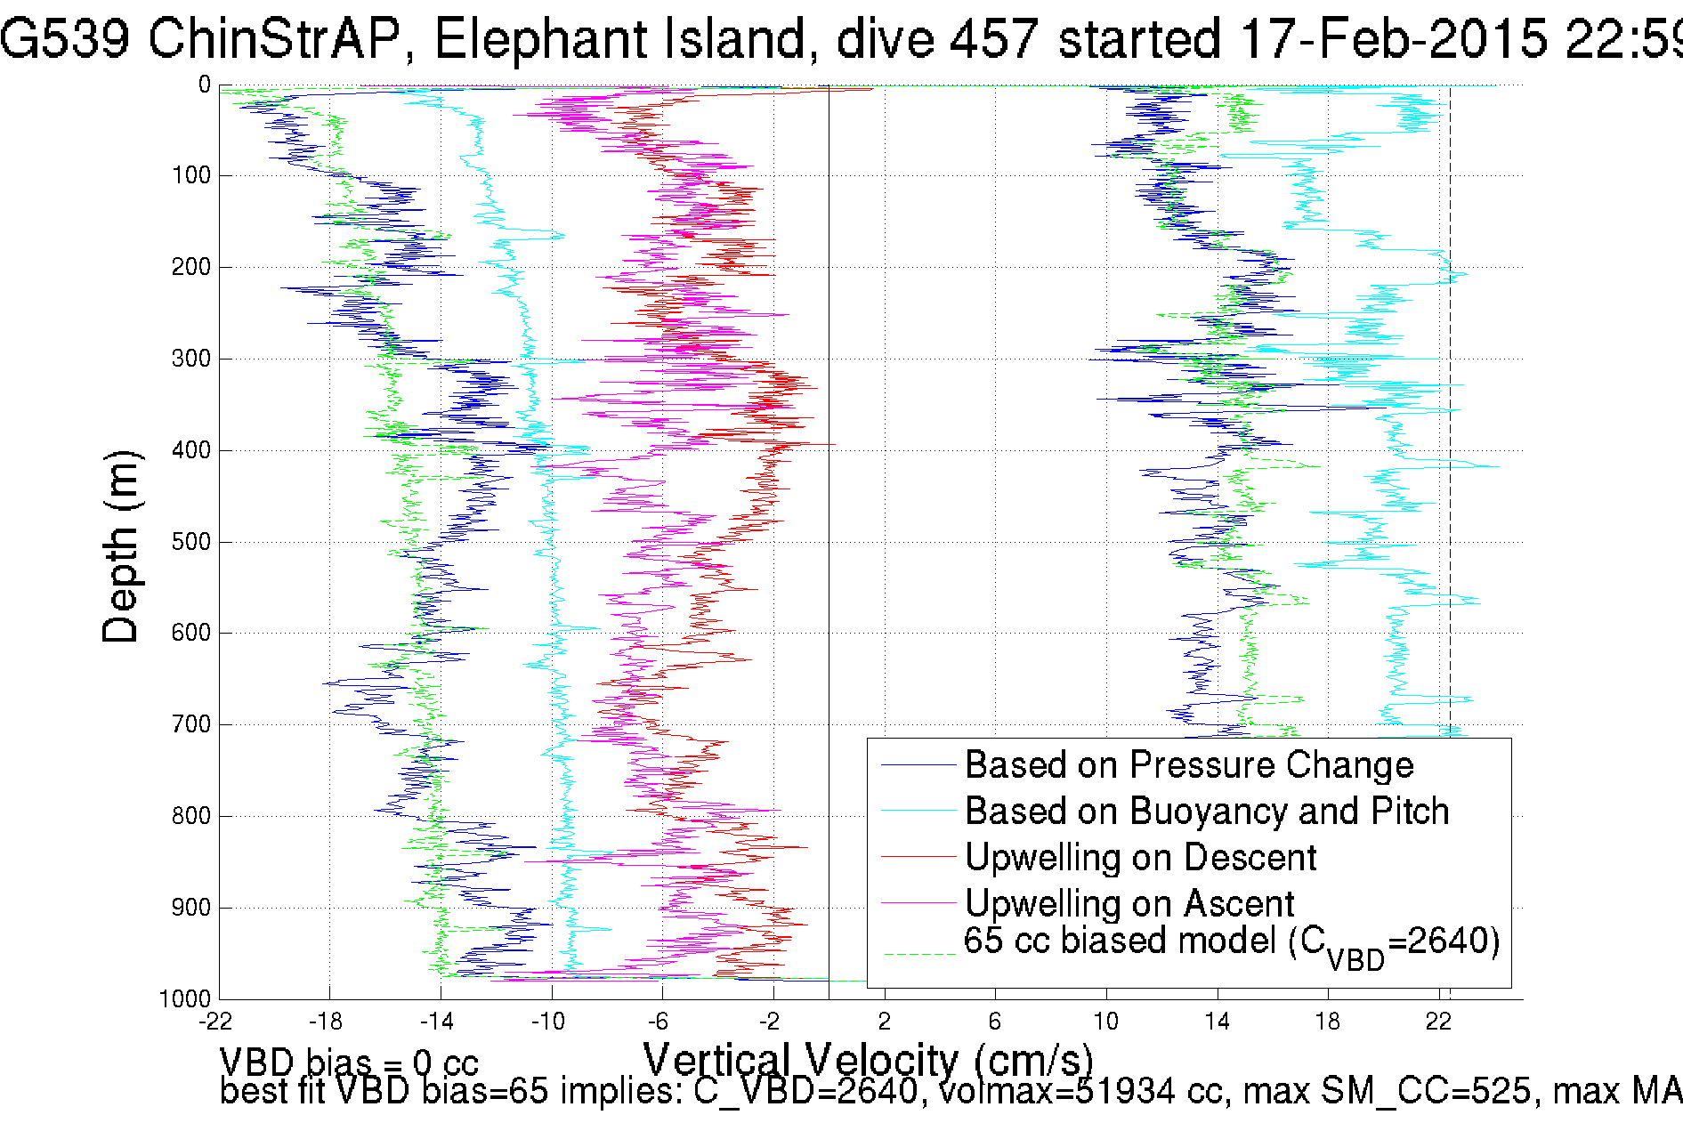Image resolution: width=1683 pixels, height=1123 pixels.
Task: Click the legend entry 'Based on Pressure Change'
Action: click(1189, 765)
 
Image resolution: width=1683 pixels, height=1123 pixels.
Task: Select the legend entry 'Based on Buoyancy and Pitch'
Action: click(1207, 812)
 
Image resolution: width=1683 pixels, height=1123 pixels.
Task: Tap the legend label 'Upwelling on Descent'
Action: click(1140, 858)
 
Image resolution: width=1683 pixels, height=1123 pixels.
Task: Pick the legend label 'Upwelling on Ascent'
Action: click(1129, 904)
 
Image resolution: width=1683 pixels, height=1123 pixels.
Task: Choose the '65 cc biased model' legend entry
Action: click(1232, 943)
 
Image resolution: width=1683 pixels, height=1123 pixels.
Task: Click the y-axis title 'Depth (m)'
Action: click(120, 546)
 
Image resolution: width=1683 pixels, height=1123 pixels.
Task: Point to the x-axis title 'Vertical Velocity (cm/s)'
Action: click(868, 1060)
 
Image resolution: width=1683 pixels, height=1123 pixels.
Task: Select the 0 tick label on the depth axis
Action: click(205, 85)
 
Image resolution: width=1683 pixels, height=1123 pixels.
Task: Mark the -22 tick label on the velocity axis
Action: click(214, 1022)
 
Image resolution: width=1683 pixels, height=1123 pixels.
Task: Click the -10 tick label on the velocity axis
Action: click(548, 1022)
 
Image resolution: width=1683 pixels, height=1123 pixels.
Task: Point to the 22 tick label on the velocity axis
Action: click(1438, 1022)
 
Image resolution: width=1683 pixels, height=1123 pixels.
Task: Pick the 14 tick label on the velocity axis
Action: click(1217, 1022)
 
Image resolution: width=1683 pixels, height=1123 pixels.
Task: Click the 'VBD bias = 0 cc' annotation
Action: click(349, 1062)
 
